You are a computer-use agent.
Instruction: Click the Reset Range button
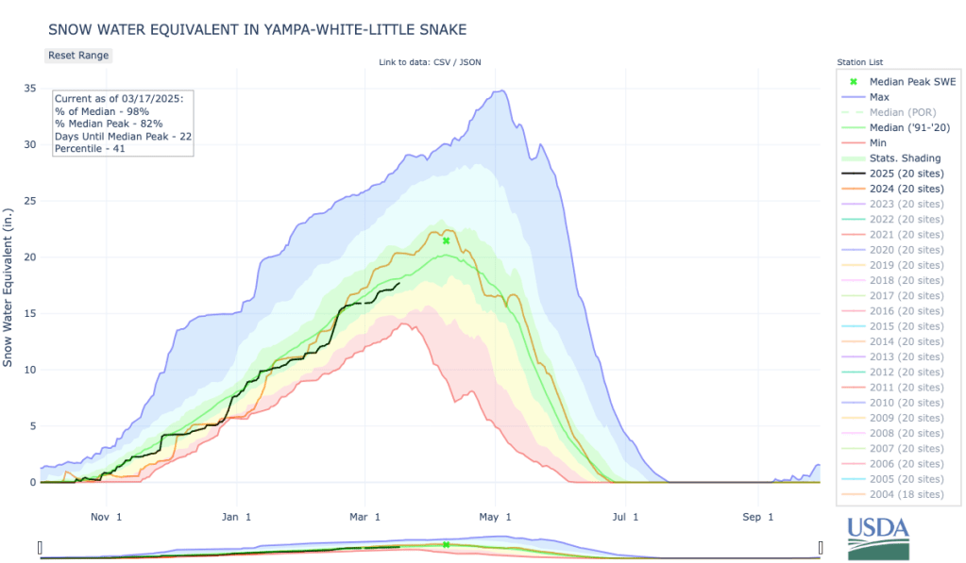coord(78,55)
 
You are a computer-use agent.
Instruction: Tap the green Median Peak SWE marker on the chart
coord(446,240)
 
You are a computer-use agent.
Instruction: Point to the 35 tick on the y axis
coord(30,89)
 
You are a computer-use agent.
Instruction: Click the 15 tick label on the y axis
coord(30,313)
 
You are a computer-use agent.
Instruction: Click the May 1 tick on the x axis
coord(495,517)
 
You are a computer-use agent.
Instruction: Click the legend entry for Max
coord(879,97)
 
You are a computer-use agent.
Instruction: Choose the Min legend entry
coord(877,142)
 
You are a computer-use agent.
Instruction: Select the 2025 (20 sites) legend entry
coord(906,174)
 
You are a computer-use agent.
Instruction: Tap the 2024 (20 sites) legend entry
coord(906,189)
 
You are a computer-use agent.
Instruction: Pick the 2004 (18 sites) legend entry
coord(906,494)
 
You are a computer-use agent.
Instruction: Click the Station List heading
coord(859,62)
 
